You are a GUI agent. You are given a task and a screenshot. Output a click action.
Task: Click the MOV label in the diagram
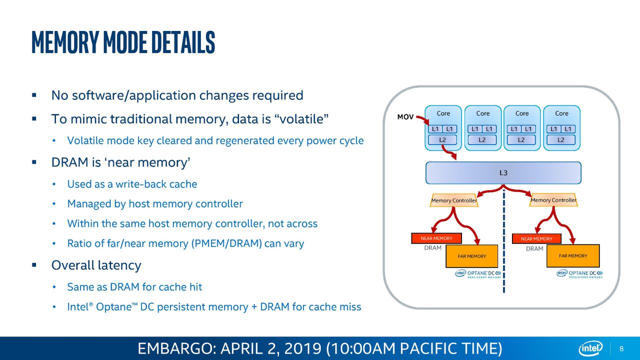click(x=405, y=117)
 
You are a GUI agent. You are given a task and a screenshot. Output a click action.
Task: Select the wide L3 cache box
click(x=503, y=173)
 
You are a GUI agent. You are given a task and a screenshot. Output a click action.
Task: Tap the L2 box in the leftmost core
click(x=442, y=140)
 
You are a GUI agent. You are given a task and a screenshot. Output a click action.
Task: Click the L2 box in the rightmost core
click(x=561, y=140)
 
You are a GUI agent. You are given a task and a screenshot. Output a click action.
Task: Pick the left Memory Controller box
click(x=453, y=200)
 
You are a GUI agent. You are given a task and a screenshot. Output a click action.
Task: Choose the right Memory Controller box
click(x=553, y=200)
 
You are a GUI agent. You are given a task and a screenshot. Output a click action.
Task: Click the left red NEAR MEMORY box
click(x=436, y=238)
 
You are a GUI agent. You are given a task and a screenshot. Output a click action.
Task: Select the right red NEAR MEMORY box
click(x=536, y=238)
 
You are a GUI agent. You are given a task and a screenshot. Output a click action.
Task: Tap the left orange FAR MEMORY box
click(x=471, y=256)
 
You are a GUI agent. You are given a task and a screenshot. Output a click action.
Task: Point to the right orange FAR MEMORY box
click(x=573, y=255)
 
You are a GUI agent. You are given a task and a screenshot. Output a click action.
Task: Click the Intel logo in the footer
click(x=590, y=348)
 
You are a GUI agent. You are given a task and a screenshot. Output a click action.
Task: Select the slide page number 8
click(x=621, y=348)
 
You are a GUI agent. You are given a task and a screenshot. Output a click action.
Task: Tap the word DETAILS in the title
click(x=183, y=42)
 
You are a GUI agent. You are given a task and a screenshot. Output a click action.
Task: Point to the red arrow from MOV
click(x=423, y=120)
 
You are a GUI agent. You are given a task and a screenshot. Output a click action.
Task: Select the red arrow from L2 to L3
click(x=449, y=152)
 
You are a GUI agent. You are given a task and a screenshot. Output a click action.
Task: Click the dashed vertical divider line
click(x=503, y=240)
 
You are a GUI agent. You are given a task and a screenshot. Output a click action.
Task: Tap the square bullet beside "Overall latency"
click(x=34, y=265)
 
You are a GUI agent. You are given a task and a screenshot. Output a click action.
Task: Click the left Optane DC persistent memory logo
click(x=478, y=273)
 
